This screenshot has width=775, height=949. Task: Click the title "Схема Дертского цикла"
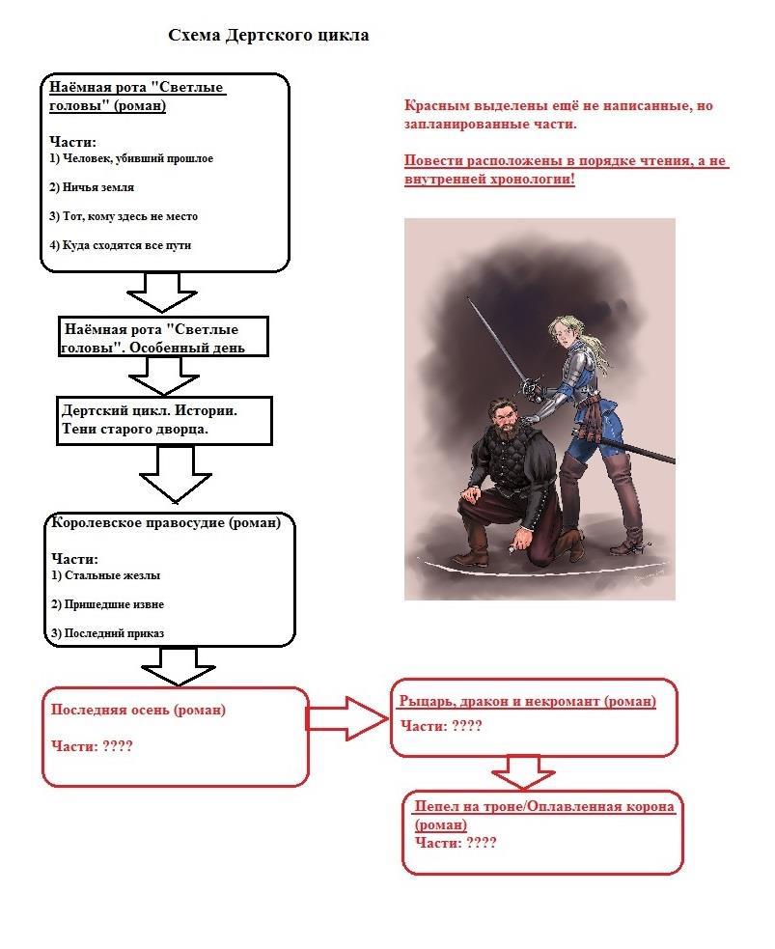pyautogui.click(x=268, y=36)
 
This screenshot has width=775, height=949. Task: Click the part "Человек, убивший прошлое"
pyautogui.click(x=137, y=158)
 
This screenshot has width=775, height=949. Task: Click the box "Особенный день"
pyautogui.click(x=161, y=338)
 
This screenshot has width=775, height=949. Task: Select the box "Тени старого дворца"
pyautogui.click(x=162, y=420)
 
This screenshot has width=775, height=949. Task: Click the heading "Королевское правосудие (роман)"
pyautogui.click(x=165, y=523)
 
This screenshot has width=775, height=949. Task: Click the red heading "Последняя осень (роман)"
pyautogui.click(x=138, y=710)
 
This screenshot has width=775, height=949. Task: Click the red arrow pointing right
pyautogui.click(x=346, y=718)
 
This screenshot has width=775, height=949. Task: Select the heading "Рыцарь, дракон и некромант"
pyautogui.click(x=527, y=701)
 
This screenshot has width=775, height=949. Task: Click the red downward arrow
pyautogui.click(x=523, y=772)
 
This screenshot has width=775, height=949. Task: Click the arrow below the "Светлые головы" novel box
pyautogui.click(x=162, y=293)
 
